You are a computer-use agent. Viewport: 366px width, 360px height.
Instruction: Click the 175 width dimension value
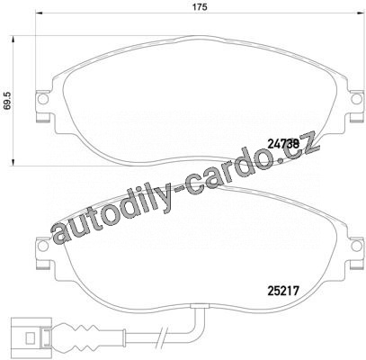[x=201, y=6]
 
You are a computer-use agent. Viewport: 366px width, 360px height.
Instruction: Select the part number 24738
[x=283, y=144]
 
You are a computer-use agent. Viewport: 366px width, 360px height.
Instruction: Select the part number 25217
[x=282, y=291]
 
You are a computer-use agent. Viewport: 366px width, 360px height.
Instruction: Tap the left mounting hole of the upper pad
[x=43, y=98]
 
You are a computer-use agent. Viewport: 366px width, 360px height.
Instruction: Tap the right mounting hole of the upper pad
[x=356, y=99]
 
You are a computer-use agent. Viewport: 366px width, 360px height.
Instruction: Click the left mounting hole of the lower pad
[x=44, y=246]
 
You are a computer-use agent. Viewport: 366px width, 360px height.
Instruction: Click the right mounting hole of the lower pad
[x=356, y=246]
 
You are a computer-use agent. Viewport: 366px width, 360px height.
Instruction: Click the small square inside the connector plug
[x=31, y=338]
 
